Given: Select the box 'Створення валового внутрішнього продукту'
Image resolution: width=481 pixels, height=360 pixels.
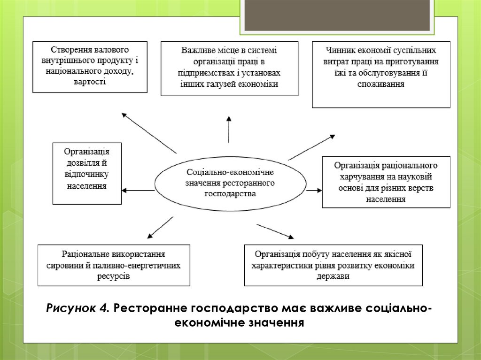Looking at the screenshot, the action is tap(90, 67).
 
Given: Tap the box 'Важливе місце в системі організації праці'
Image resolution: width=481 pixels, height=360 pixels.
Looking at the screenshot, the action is tap(229, 69).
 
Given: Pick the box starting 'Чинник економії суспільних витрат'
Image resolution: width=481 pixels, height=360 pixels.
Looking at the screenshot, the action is tap(381, 75).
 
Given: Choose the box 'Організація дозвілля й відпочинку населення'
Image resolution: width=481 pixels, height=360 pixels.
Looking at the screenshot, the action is tap(87, 173).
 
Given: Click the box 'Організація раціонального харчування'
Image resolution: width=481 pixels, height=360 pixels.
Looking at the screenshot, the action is tap(386, 182).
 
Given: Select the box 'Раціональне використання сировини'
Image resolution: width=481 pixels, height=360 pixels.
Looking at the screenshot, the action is tap(114, 265).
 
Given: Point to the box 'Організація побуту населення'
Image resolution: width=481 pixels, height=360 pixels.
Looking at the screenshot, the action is tap(333, 265).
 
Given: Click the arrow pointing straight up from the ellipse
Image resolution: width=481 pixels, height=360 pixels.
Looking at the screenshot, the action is tap(229, 129).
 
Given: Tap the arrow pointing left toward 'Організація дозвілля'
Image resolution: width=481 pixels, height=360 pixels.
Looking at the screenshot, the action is tap(138, 190).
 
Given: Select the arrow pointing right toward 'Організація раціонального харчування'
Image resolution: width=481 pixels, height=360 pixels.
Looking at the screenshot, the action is tap(313, 191).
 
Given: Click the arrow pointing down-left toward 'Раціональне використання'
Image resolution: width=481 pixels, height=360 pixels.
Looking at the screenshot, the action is tap(160, 227).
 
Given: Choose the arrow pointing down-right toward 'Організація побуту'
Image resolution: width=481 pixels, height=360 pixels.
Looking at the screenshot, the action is tap(275, 231).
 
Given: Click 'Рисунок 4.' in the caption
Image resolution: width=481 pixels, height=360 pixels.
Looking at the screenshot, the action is tap(78, 308).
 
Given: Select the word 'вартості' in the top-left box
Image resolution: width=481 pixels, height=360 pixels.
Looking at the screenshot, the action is tap(89, 82).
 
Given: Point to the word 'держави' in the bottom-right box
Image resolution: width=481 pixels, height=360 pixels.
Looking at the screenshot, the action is tap(333, 276).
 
